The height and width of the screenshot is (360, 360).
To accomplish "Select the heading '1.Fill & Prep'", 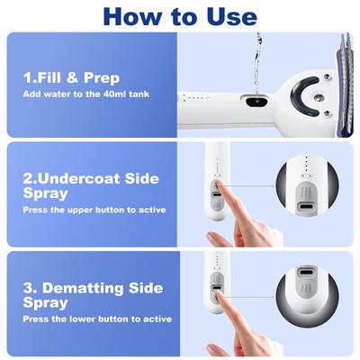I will (x=72, y=77).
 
